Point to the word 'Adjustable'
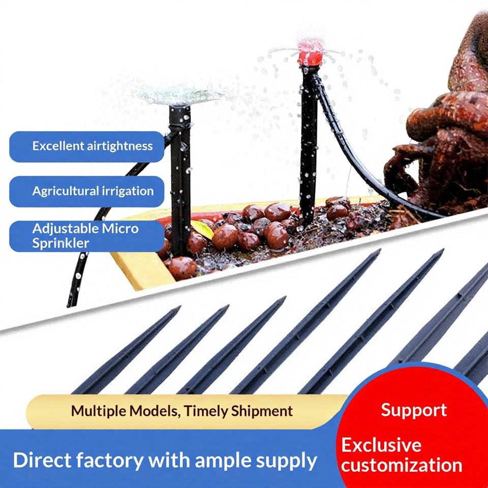point(61,229)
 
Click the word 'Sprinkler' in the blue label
point(60,243)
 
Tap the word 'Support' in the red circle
point(414,411)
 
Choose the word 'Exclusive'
point(381,445)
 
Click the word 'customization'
point(402,465)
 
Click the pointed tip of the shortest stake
point(179,307)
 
